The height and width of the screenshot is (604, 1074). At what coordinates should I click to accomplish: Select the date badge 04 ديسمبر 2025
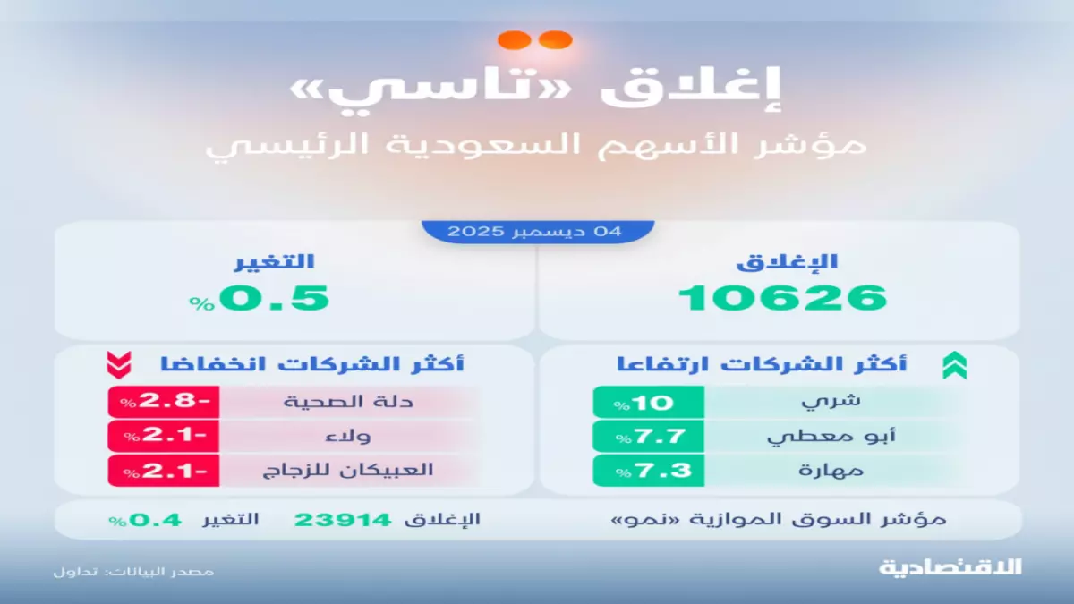click(x=537, y=231)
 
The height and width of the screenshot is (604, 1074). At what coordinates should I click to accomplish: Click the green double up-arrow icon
click(x=954, y=365)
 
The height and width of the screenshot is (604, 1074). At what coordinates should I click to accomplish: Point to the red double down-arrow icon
click(x=119, y=365)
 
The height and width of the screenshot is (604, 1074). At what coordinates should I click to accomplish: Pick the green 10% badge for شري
click(x=648, y=403)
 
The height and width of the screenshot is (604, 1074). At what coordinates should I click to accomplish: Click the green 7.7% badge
click(x=648, y=436)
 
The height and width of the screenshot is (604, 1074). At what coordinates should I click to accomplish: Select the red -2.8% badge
click(x=164, y=403)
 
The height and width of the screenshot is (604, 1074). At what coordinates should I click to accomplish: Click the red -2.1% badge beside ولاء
click(x=164, y=436)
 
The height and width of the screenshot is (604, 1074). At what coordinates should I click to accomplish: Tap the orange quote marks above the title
click(x=535, y=40)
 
